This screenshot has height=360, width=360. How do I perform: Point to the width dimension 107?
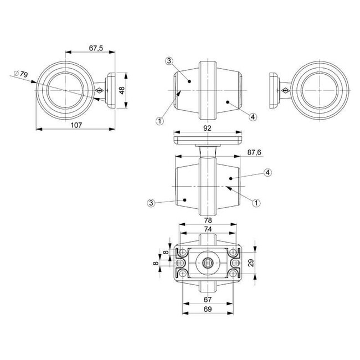(76, 125)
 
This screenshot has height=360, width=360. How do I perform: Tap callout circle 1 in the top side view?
(160, 119)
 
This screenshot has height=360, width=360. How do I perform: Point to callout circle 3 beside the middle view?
(151, 203)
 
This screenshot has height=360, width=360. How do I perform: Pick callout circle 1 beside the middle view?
(256, 203)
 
